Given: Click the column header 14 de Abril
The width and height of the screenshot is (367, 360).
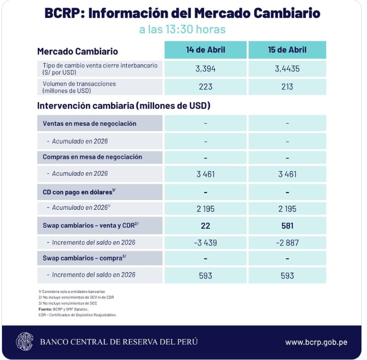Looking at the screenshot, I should [205, 50].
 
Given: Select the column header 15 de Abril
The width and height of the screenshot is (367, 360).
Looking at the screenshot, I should [287, 50].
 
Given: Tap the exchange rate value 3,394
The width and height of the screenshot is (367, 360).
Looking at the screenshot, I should [205, 69].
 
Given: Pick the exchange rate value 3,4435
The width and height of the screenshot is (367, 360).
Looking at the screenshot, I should [287, 69].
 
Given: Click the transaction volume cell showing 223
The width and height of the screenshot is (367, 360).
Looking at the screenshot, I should [205, 87].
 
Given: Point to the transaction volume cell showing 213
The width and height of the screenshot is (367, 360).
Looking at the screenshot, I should [287, 87].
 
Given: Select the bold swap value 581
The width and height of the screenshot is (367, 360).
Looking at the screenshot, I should [287, 226].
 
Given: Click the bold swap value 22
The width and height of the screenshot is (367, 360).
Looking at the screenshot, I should [205, 226].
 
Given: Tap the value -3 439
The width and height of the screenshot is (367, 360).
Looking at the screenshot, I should [205, 243].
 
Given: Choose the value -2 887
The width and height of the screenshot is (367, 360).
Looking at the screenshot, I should [287, 243].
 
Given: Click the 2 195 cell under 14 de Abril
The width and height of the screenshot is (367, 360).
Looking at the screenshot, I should [205, 209].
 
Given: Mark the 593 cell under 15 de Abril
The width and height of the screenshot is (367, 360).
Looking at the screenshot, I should [287, 275].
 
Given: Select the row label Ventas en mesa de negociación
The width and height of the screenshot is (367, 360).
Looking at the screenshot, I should [90, 124].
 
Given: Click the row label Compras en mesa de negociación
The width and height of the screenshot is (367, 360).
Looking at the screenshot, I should [93, 157].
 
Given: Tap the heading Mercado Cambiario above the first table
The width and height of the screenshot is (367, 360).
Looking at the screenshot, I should [77, 51].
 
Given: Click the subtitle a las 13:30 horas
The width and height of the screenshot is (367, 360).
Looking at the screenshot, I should [182, 30].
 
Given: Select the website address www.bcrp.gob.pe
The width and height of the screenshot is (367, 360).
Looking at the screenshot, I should [316, 342].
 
